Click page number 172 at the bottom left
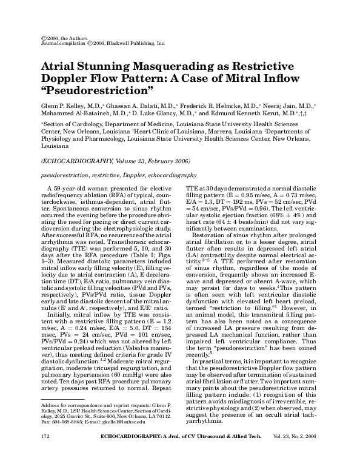click(44, 453)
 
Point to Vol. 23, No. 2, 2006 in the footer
click(295, 453)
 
